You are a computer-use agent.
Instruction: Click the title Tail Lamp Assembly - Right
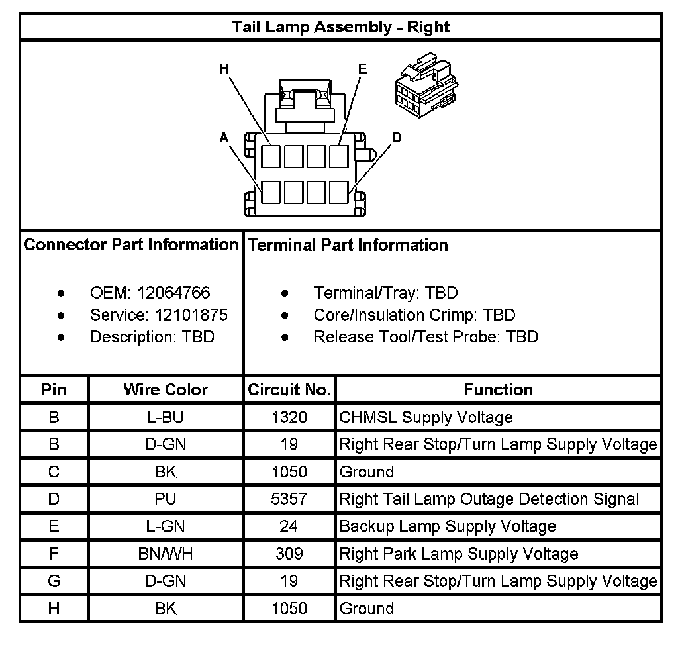tap(340, 27)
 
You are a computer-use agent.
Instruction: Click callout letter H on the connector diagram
tap(224, 69)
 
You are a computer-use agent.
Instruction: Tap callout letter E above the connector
tap(362, 69)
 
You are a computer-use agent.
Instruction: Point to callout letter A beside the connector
tap(224, 137)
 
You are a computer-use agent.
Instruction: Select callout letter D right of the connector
tap(397, 137)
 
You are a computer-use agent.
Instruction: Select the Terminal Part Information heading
tap(348, 245)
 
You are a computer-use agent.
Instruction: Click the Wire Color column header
tap(166, 389)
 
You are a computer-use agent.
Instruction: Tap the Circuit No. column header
tap(289, 389)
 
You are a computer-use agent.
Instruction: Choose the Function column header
tap(498, 389)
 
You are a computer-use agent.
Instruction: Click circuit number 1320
tap(289, 417)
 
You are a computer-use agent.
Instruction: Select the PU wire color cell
tap(166, 499)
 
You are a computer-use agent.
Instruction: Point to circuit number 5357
tap(289, 499)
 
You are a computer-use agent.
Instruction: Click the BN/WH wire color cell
tap(166, 554)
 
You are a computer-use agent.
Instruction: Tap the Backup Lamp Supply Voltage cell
tap(448, 526)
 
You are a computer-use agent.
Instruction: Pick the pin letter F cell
tap(54, 554)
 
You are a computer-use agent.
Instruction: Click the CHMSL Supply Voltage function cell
tap(426, 417)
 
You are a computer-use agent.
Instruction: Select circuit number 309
tap(289, 554)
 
